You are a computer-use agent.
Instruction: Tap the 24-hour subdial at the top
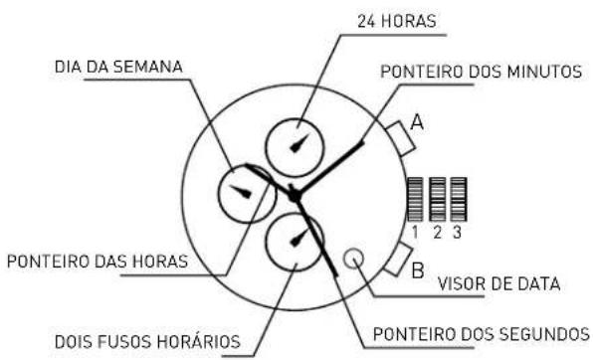point(296,145)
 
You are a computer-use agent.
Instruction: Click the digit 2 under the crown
point(437,234)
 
